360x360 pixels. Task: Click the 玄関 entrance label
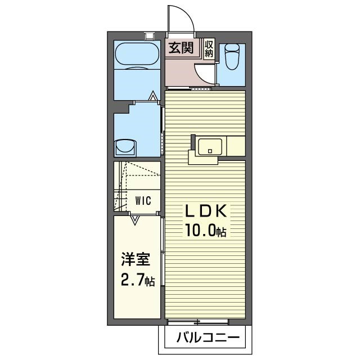click(182, 48)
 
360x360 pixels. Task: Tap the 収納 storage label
click(209, 48)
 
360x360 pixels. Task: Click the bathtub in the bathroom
click(137, 55)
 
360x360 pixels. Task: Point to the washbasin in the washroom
click(125, 147)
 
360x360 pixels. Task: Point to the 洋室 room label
click(136, 260)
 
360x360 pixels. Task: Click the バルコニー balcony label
click(208, 339)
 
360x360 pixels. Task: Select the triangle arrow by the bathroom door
click(154, 95)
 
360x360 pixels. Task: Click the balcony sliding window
click(198, 322)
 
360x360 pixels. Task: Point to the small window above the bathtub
click(149, 36)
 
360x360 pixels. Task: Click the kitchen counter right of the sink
click(235, 146)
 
